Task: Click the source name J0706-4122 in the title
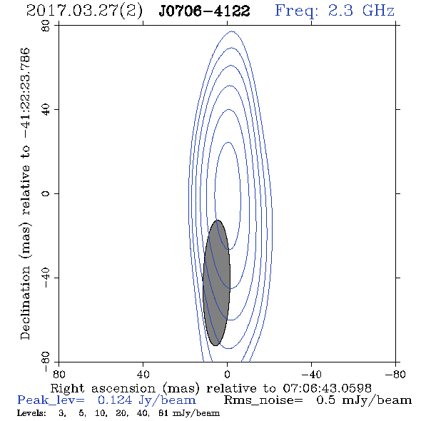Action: (x=204, y=11)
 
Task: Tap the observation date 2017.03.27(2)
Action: (x=84, y=11)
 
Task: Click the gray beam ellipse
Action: (x=216, y=283)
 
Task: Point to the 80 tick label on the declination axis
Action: (x=46, y=26)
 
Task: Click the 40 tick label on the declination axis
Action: (x=46, y=110)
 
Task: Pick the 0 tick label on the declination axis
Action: (x=46, y=193)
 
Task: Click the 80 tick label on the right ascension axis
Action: (x=59, y=375)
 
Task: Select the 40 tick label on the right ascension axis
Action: (x=143, y=375)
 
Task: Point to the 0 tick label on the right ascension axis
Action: (x=227, y=375)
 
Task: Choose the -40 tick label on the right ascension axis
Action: (x=311, y=375)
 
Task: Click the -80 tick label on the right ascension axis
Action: (x=395, y=375)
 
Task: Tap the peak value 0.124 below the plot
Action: (x=115, y=400)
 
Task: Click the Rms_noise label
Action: (x=263, y=400)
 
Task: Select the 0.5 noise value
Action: (x=325, y=400)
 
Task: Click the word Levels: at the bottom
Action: (x=31, y=413)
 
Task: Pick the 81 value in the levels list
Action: (x=163, y=413)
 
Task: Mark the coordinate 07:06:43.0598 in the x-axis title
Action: (x=328, y=388)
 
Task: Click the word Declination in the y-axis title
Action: (x=25, y=303)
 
